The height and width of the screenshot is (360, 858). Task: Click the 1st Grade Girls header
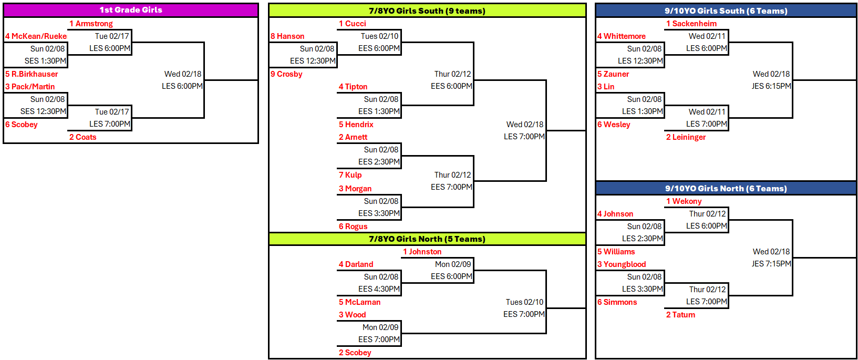(x=131, y=10)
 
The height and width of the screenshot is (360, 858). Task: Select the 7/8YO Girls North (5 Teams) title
(x=427, y=239)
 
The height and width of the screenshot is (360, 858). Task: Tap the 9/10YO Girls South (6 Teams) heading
(x=726, y=11)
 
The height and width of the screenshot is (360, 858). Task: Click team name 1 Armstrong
(x=91, y=24)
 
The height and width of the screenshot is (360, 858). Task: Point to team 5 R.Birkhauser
(x=32, y=74)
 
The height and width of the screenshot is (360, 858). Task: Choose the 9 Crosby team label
(x=286, y=74)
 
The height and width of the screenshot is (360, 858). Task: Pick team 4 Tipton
(x=353, y=87)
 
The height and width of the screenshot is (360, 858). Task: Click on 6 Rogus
(x=353, y=227)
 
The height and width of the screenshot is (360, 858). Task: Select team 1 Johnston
(x=422, y=252)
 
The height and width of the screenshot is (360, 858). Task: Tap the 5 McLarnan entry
(x=359, y=302)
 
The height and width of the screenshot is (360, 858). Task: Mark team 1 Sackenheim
(x=691, y=24)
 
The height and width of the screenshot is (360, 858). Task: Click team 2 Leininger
(x=686, y=137)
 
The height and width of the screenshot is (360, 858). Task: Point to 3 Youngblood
(x=621, y=264)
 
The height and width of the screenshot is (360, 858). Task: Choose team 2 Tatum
(x=680, y=315)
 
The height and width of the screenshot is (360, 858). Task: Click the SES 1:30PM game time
(x=45, y=61)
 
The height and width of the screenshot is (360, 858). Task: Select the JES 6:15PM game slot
(x=771, y=86)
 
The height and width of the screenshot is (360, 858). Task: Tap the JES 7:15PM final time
(x=771, y=264)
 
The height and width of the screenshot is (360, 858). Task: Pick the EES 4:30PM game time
(x=379, y=289)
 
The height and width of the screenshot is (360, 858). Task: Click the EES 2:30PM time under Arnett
(x=379, y=162)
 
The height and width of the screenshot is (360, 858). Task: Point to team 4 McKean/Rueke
(x=36, y=36)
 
